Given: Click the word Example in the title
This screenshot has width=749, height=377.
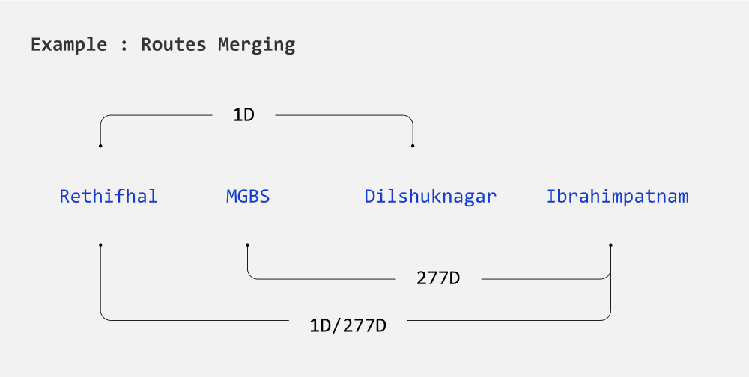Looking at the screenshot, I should coord(69,44).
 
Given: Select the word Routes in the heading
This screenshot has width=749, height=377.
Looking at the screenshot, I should coord(174,44).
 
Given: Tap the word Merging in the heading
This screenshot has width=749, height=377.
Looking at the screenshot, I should coord(256,44).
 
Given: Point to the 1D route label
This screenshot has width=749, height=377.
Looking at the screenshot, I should coord(244,116).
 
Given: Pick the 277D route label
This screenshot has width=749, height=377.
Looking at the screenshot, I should coord(438,279).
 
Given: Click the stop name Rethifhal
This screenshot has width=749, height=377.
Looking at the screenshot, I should coord(109,197).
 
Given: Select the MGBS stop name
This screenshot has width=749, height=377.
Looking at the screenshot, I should coord(248,197).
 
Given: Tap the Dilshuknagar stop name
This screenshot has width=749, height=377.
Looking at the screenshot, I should coord(430,197).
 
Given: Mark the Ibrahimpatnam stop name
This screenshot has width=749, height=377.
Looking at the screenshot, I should coord(617,197).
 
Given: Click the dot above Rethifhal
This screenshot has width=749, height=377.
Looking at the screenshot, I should coord(100,146).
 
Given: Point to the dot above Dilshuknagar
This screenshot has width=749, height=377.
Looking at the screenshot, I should coord(413,146).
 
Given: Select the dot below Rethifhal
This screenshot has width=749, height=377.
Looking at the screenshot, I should coord(100,245).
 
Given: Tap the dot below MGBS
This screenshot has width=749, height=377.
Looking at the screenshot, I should coord(248,245).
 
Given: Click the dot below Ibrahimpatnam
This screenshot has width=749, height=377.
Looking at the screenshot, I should coord(611,245).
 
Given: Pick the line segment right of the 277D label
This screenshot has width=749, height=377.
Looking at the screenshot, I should coord(543,279).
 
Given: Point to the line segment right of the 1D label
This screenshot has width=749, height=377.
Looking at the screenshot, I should coord(341,115).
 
